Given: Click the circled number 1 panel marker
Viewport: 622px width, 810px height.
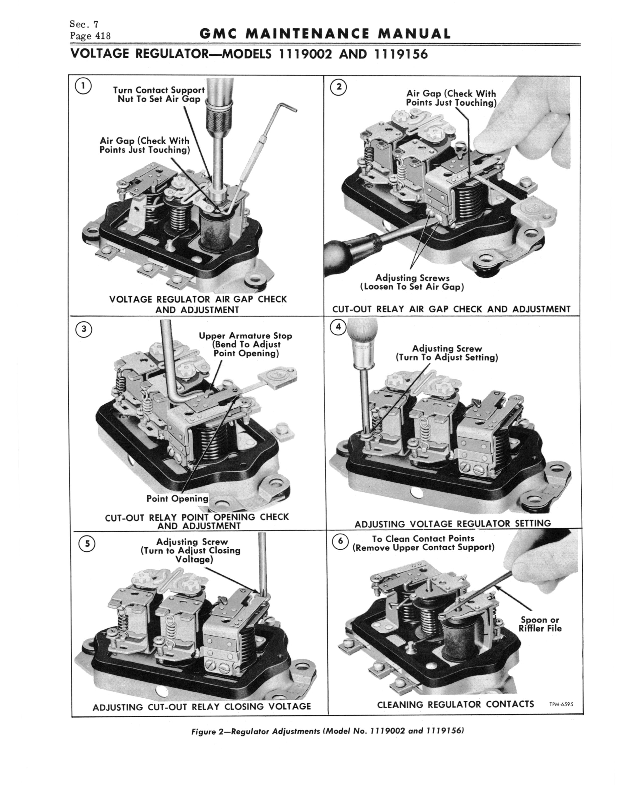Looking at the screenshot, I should tap(84, 86).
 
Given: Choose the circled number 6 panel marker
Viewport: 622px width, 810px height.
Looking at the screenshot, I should tap(341, 542).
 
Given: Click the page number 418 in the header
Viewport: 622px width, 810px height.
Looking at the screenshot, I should tap(103, 36).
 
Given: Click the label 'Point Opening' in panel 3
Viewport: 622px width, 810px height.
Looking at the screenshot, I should tap(177, 499).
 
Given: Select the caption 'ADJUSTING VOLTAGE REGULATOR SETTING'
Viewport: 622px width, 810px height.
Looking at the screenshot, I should tap(452, 524).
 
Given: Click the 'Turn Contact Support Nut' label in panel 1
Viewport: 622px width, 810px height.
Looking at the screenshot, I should tap(159, 94).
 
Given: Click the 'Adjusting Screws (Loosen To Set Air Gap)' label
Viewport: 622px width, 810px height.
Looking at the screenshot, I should tap(412, 282).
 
